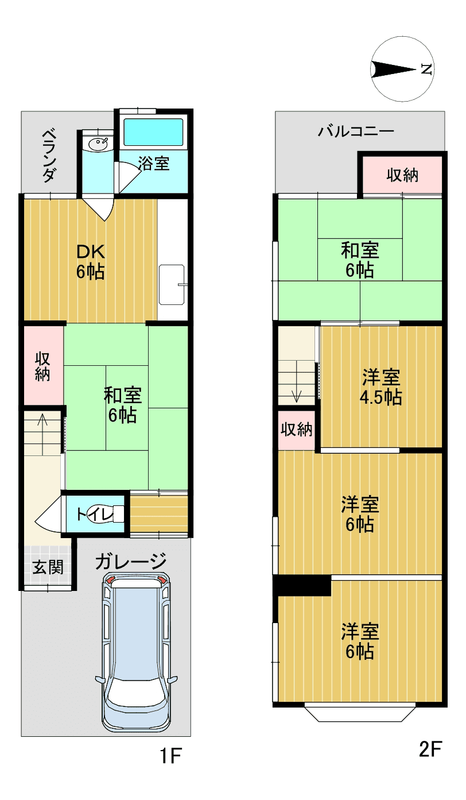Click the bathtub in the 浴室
[153, 132]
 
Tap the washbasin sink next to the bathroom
[97, 144]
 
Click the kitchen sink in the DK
[172, 284]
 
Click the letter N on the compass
[426, 68]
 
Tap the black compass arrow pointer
[394, 69]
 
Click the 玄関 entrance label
[48, 567]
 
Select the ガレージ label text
[131, 561]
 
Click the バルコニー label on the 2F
[356, 132]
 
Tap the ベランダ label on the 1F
[49, 156]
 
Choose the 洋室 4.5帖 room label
[381, 387]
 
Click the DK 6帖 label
[91, 262]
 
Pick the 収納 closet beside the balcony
[402, 175]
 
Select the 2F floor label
[430, 749]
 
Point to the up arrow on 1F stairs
[43, 434]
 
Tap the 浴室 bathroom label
[154, 163]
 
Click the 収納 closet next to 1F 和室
[43, 365]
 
